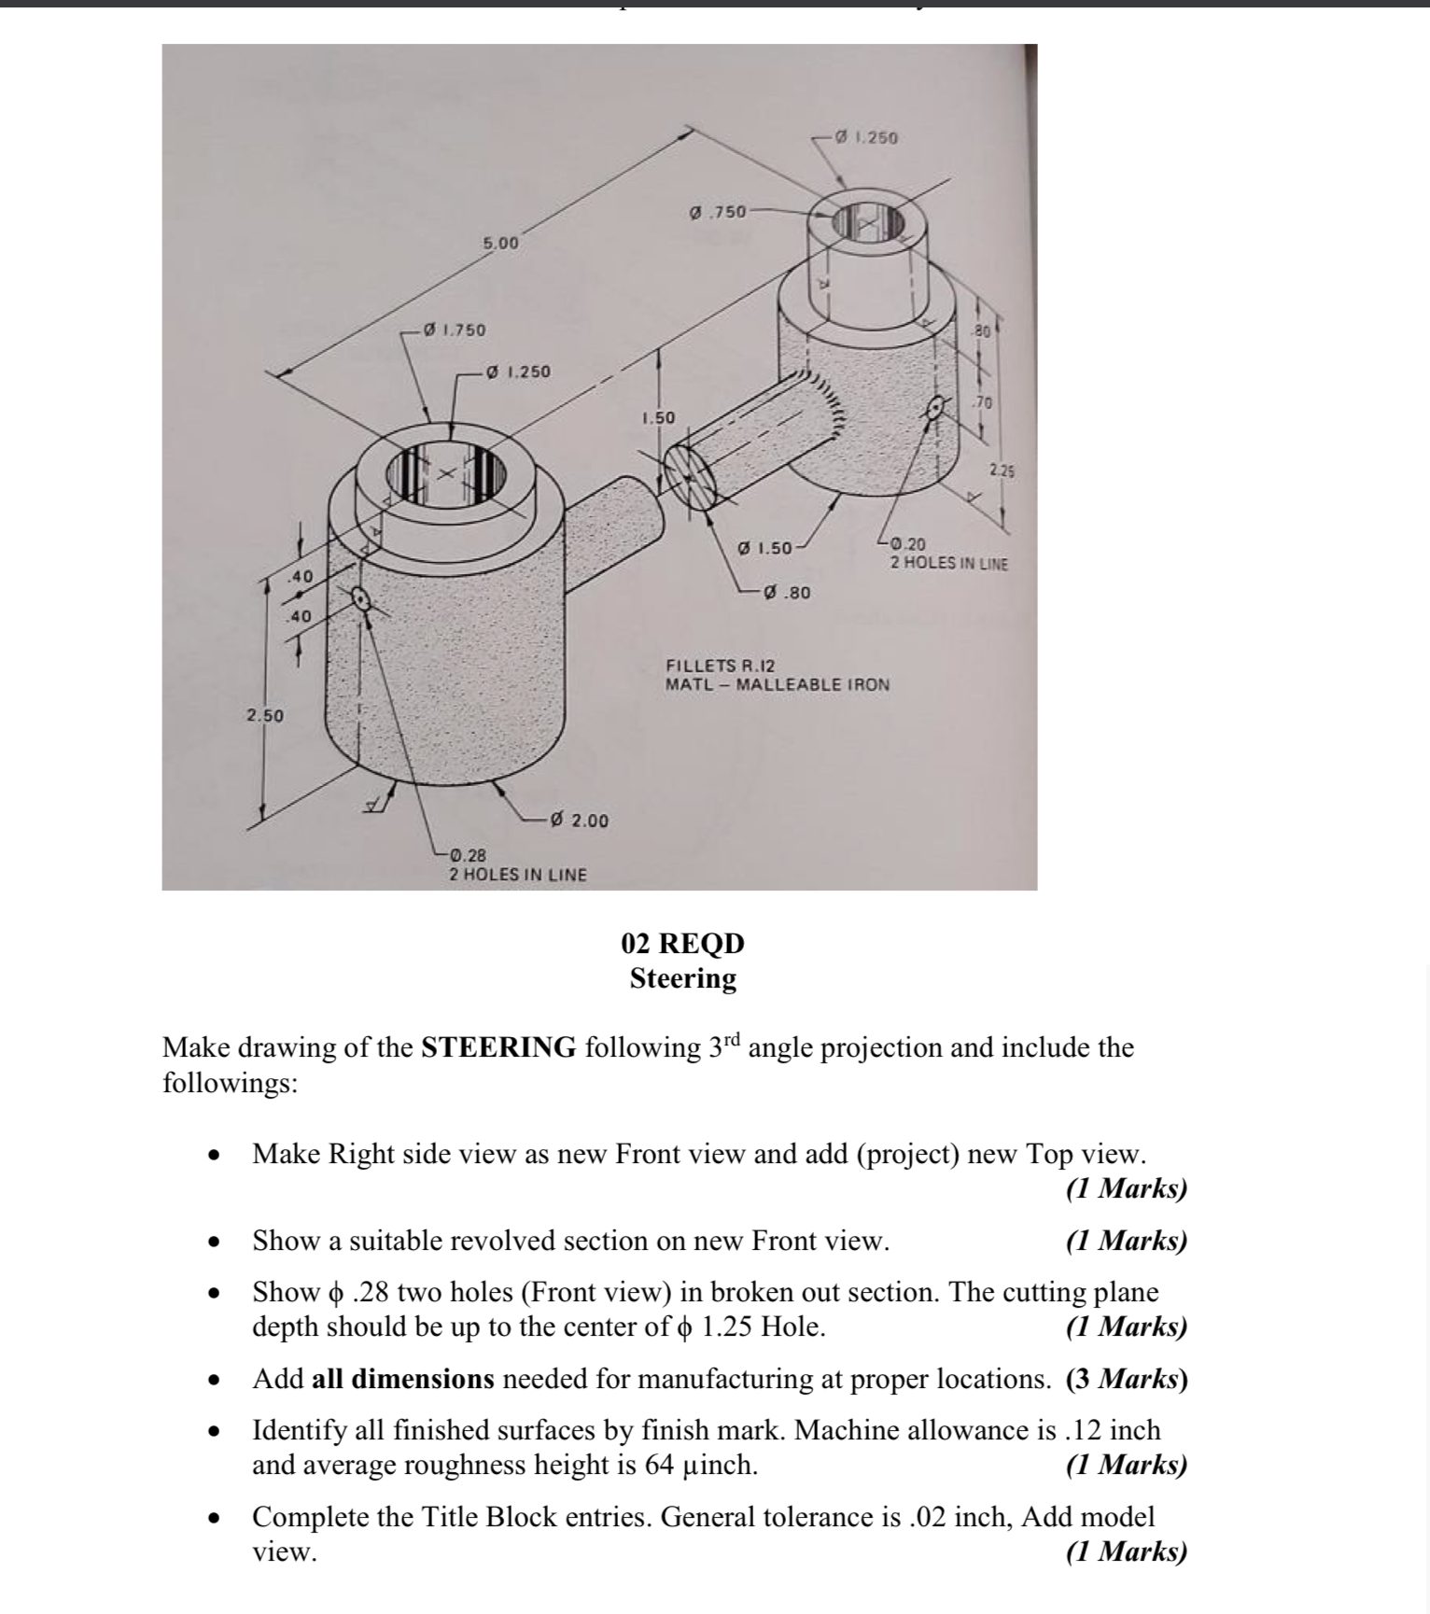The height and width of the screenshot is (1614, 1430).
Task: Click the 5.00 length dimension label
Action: tap(499, 244)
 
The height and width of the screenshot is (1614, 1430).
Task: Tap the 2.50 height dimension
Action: tap(264, 716)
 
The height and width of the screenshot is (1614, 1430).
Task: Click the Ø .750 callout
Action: tap(717, 212)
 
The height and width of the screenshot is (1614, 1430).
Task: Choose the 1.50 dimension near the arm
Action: tap(658, 417)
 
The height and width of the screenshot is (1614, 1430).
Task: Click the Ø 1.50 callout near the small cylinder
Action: tap(764, 548)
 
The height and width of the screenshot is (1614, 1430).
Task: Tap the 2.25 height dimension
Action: tap(1002, 471)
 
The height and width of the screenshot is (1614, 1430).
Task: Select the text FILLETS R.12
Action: tap(720, 666)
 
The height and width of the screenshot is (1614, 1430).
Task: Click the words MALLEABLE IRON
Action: tap(813, 684)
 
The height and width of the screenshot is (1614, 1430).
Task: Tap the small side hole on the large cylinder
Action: tap(360, 599)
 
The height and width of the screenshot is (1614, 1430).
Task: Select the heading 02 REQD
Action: tap(682, 943)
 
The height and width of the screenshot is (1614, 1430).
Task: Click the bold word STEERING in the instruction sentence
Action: tap(498, 1047)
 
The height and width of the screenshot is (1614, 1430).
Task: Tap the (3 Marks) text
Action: tap(1126, 1379)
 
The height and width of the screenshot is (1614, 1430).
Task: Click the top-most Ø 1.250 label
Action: tap(864, 137)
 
